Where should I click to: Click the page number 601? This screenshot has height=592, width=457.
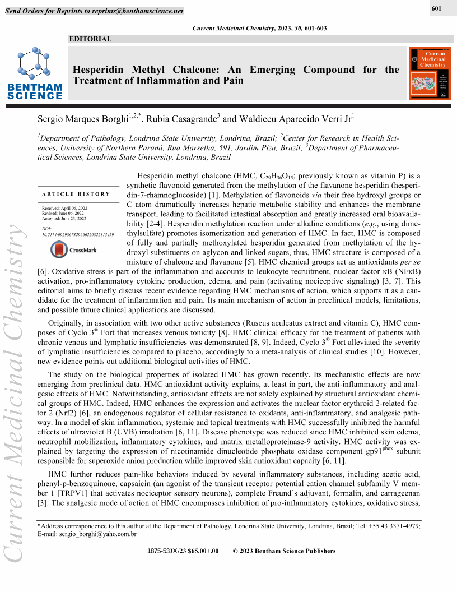point(437,8)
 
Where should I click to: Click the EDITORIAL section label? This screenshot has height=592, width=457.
point(90,39)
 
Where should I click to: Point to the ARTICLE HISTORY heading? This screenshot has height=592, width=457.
point(76,194)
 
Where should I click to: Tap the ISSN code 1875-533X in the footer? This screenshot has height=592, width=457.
point(162,551)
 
